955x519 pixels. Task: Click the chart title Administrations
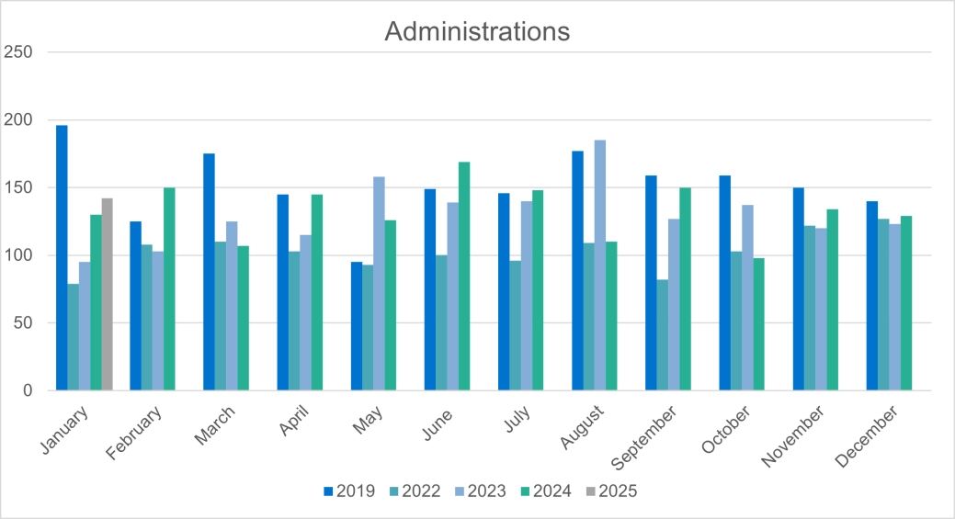pos(477,31)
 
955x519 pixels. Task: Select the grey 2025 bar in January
pos(108,294)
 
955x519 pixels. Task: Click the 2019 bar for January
pos(62,257)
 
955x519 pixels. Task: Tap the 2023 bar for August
pos(600,265)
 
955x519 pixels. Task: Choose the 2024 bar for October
pos(758,323)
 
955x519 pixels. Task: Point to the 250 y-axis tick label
pos(18,52)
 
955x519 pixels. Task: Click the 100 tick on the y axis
pos(18,255)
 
